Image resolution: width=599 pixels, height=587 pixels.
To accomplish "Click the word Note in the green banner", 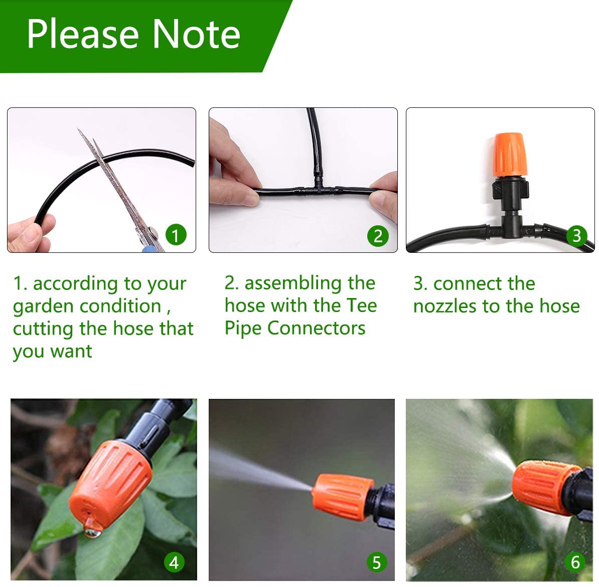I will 196,34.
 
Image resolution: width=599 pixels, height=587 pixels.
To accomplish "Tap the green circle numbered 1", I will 175,235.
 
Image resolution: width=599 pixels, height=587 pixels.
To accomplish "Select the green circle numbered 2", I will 378,235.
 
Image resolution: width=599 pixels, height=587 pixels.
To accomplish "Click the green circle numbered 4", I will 174,562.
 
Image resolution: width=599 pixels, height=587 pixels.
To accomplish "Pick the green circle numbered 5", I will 376,562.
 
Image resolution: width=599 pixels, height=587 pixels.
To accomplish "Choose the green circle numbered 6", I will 575,562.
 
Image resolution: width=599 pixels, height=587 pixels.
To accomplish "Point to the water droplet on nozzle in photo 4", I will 92,528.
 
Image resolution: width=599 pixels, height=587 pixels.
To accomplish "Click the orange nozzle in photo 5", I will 342,497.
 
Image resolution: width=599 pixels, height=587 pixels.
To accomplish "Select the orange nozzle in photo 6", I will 539,487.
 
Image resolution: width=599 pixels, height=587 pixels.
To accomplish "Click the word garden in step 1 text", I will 44,306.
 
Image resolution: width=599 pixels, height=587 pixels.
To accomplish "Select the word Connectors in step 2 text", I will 316,328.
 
